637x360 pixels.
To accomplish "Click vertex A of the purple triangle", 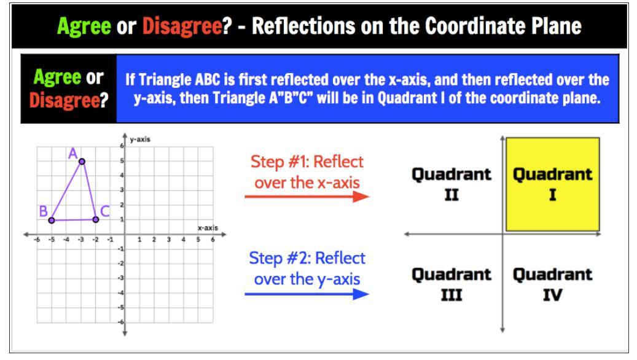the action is [82, 162].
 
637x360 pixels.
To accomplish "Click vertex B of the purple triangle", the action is [52, 220].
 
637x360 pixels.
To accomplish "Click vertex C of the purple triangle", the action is [95, 219].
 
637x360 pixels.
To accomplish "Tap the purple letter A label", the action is [72, 154].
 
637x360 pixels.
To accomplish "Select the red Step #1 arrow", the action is [307, 197].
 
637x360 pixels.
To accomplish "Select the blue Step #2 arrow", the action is [307, 294].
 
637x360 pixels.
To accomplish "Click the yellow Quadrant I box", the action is [552, 184].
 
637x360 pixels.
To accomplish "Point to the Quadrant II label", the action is [451, 184].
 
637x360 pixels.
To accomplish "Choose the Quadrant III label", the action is [451, 284].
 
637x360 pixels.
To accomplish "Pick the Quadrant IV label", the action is [552, 284].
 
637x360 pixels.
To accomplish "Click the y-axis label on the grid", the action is [140, 139].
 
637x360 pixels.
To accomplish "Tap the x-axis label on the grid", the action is [208, 228].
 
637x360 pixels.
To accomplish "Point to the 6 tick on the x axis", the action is [213, 240].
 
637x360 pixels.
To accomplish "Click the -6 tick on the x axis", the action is [37, 240].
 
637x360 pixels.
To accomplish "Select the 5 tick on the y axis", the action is [122, 160].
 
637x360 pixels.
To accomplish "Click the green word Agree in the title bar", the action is [84, 26].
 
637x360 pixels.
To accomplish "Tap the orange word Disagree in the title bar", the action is [182, 26].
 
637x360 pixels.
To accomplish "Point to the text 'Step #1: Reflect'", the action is [307, 162].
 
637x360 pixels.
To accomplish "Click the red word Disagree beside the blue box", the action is [65, 100].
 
